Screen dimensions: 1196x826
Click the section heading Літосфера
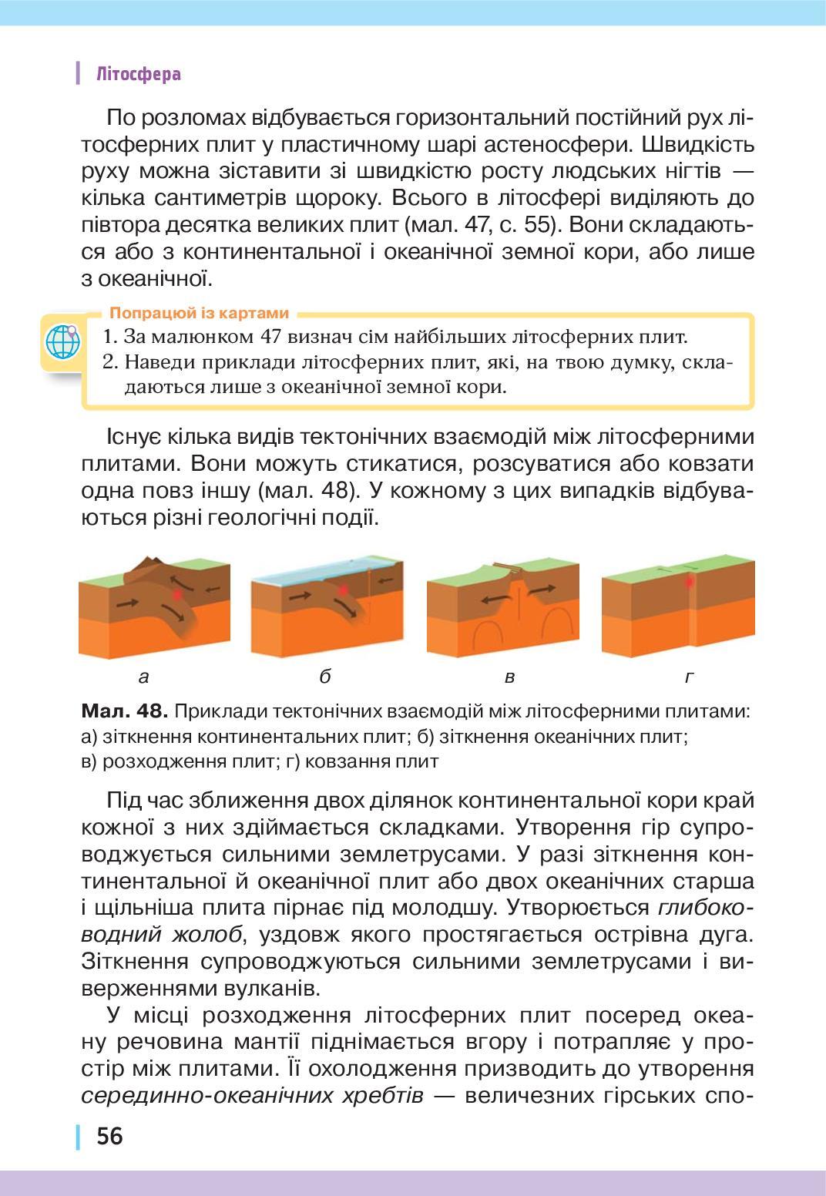coord(139,74)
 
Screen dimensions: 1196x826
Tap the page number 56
coord(109,1136)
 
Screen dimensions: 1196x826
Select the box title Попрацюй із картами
coord(200,313)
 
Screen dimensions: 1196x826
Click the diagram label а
coord(143,677)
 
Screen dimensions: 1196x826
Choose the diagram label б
coord(324,677)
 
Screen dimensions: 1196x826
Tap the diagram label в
coord(509,677)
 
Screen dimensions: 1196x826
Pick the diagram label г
coord(690,677)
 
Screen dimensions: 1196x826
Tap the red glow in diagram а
coord(178,593)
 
